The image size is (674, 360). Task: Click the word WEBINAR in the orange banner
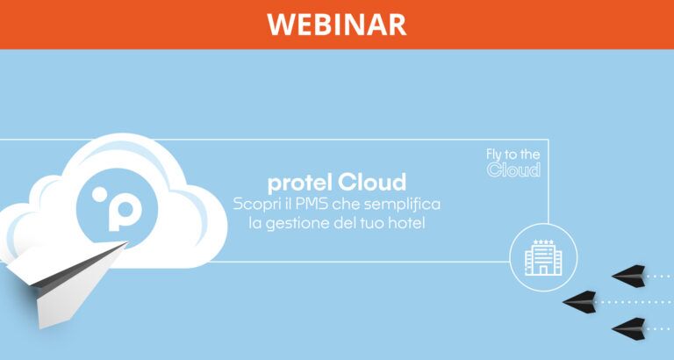click(x=337, y=24)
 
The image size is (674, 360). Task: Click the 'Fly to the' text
click(x=513, y=155)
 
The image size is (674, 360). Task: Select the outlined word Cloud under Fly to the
click(x=513, y=170)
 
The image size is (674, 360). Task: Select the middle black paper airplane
click(x=580, y=301)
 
